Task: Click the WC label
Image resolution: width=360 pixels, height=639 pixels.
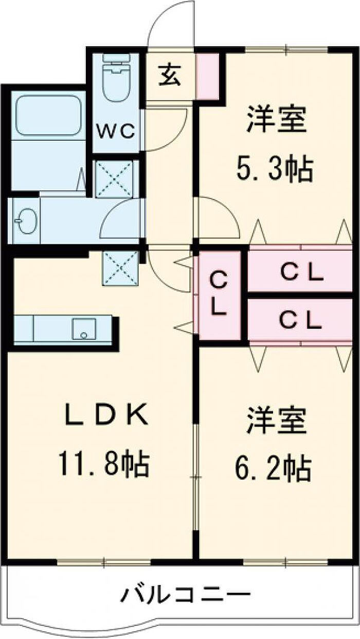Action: (x=115, y=131)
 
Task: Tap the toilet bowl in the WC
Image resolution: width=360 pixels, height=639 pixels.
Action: (x=116, y=82)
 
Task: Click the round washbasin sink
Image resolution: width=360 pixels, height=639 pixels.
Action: (x=26, y=220)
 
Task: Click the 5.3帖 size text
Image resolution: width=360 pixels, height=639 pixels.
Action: (x=274, y=169)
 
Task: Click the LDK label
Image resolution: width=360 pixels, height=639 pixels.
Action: (x=107, y=415)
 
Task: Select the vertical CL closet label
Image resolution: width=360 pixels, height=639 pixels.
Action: (x=219, y=293)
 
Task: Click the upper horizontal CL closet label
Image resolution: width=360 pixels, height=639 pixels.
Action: (x=302, y=272)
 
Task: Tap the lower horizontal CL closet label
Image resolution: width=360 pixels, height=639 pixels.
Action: (x=301, y=320)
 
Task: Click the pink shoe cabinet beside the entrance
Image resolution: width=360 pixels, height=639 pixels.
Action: (x=208, y=76)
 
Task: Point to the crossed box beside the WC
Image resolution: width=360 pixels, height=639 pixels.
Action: (x=114, y=179)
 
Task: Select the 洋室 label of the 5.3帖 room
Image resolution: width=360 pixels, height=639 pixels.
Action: (x=277, y=120)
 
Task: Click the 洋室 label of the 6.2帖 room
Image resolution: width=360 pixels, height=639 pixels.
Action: (x=277, y=421)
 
